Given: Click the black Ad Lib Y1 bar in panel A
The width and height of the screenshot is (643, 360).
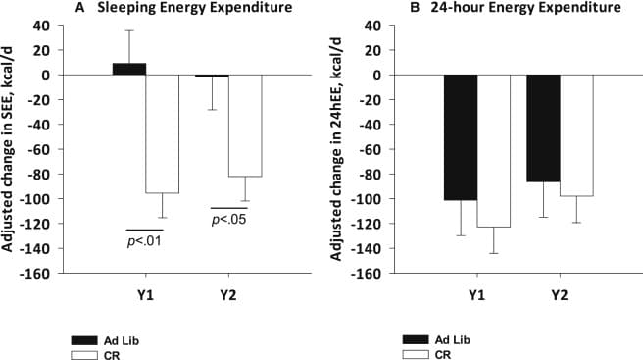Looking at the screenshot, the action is [x=129, y=69].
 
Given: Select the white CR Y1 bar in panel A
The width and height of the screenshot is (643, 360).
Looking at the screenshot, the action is [x=163, y=133].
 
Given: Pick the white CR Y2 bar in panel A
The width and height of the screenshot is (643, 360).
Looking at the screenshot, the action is [x=245, y=126].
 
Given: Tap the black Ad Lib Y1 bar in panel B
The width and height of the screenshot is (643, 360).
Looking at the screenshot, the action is [x=461, y=137].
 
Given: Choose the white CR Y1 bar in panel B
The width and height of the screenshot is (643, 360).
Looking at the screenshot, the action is [x=494, y=151].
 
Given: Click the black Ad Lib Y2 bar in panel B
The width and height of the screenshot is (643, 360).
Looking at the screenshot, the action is [x=543, y=129].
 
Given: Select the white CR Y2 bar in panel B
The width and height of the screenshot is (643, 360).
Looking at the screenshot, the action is [x=576, y=135].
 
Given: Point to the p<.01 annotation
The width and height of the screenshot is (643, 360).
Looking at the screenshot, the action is [x=144, y=241].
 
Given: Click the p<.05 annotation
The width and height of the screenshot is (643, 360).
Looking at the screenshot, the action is [x=228, y=219].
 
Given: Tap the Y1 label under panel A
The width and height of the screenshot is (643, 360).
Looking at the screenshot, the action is [x=146, y=295].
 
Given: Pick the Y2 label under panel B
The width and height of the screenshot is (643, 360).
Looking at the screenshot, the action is [x=560, y=295].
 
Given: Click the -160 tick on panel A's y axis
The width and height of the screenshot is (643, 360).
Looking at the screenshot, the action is [x=38, y=274].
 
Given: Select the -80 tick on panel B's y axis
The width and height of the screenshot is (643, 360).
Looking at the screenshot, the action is [x=370, y=174].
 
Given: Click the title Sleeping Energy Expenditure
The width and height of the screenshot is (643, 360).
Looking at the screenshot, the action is [x=195, y=8].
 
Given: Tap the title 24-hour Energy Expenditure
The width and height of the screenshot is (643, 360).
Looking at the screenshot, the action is [x=525, y=8].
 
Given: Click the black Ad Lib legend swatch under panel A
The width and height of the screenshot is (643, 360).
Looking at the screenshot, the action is [x=84, y=340].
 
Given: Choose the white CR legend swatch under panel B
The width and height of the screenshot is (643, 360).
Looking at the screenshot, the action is [x=416, y=355].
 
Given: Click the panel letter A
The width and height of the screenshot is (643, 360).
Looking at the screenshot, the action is [x=80, y=8].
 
